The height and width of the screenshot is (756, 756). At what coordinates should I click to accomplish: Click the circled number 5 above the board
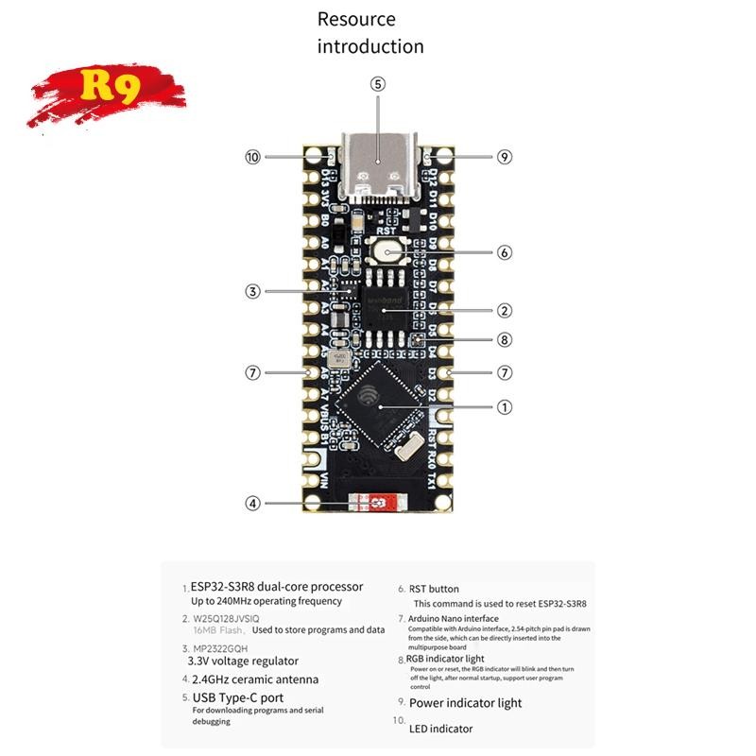378,84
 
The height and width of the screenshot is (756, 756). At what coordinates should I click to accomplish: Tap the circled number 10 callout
252,157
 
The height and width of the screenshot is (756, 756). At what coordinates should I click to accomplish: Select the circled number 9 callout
505,157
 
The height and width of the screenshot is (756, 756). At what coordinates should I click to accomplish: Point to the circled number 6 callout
505,252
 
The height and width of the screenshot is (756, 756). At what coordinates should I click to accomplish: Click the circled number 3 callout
252,291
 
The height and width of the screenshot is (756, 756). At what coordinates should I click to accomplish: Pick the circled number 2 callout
505,310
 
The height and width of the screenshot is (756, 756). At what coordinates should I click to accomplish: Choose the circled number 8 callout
505,339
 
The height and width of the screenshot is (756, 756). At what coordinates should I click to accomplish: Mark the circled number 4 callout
252,503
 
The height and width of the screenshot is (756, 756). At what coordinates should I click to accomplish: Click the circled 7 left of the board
252,372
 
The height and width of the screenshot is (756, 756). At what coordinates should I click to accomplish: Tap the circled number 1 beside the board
505,406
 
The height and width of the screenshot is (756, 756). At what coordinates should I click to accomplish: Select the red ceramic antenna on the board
374,503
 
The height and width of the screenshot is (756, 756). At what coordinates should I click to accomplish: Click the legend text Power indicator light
465,703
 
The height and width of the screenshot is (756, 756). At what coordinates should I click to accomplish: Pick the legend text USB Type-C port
238,697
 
